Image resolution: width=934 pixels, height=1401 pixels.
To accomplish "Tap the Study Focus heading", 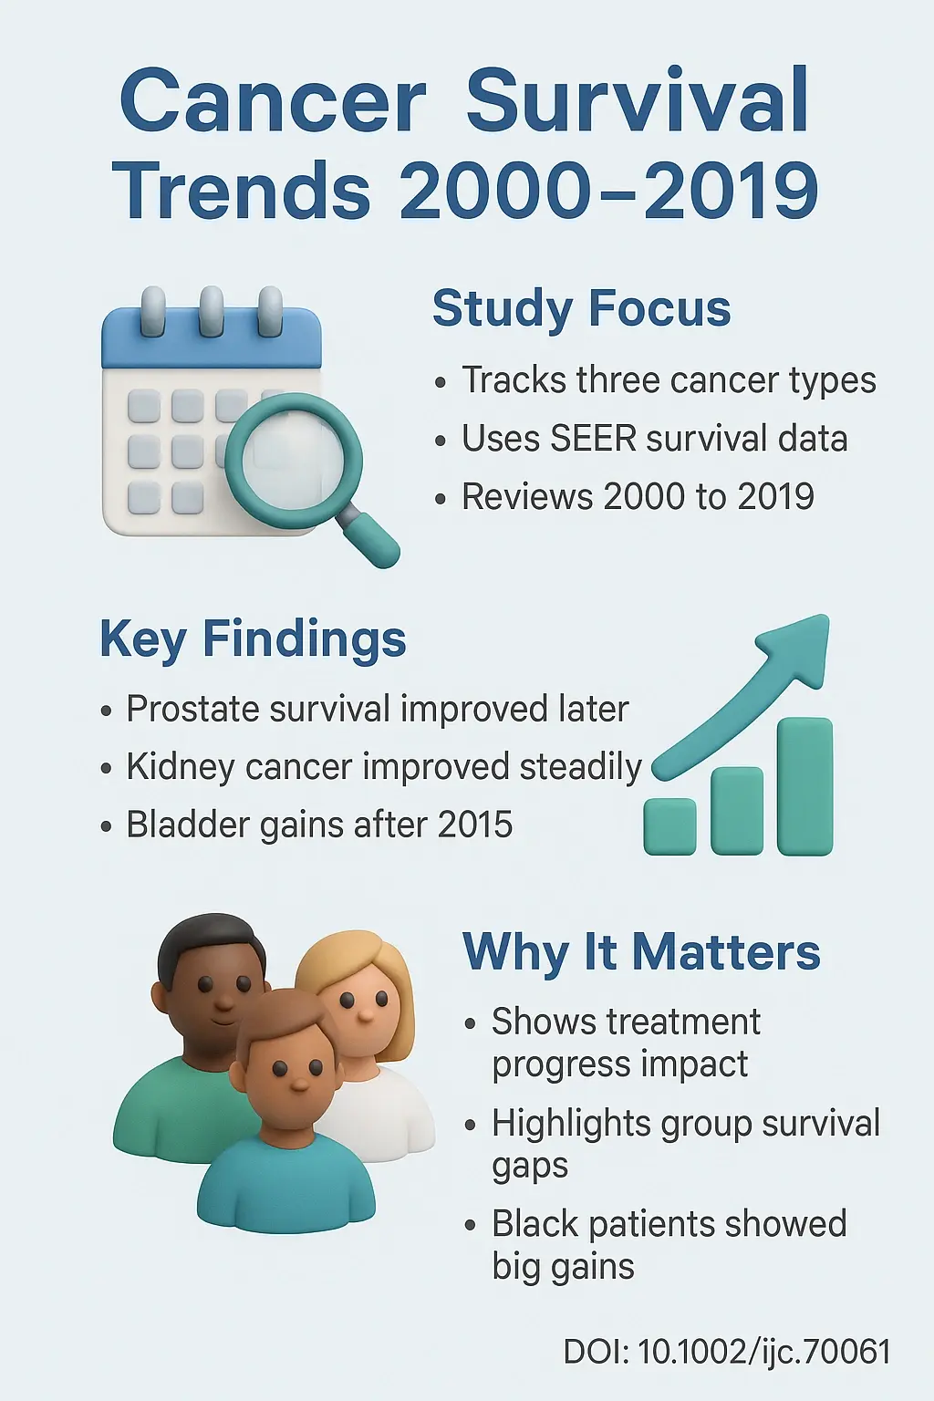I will (x=581, y=308).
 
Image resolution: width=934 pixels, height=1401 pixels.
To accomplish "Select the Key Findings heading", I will (x=253, y=638).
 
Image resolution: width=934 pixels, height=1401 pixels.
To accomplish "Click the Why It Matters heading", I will (x=641, y=952).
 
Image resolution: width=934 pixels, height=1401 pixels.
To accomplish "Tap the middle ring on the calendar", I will (x=212, y=311).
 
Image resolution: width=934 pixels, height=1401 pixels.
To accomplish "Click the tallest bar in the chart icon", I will (x=804, y=785).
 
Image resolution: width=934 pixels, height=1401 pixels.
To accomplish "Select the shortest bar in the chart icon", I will (x=669, y=826).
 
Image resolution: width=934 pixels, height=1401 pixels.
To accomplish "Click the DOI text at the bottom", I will (x=726, y=1352).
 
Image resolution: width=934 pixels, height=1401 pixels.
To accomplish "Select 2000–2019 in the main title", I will (x=608, y=192).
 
